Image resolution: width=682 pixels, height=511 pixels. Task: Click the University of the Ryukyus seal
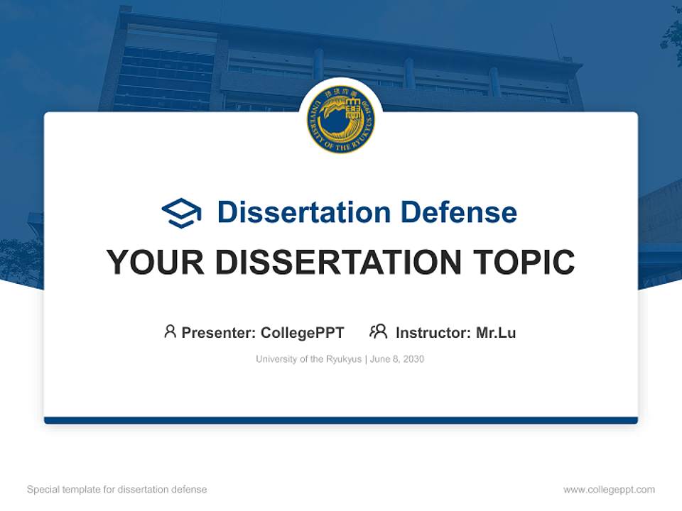[x=341, y=120]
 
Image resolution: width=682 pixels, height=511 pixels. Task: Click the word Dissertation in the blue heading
[x=303, y=212]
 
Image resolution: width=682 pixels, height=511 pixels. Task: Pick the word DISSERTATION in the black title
[x=336, y=263]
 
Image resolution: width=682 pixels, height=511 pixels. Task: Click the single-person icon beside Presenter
[x=170, y=331]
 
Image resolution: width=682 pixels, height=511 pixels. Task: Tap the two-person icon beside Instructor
[x=378, y=331]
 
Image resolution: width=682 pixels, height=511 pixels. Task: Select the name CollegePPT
[x=303, y=333]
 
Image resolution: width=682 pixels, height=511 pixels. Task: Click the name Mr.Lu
[x=496, y=333]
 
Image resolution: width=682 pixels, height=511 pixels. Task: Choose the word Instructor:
[x=433, y=333]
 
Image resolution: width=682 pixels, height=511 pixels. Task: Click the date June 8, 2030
[x=397, y=359]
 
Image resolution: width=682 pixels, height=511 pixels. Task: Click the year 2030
[x=413, y=359]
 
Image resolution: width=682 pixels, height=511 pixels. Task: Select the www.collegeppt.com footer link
[x=609, y=490]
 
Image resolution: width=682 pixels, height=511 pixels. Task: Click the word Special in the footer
[x=43, y=490]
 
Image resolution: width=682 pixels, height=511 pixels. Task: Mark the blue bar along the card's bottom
[x=341, y=420]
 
